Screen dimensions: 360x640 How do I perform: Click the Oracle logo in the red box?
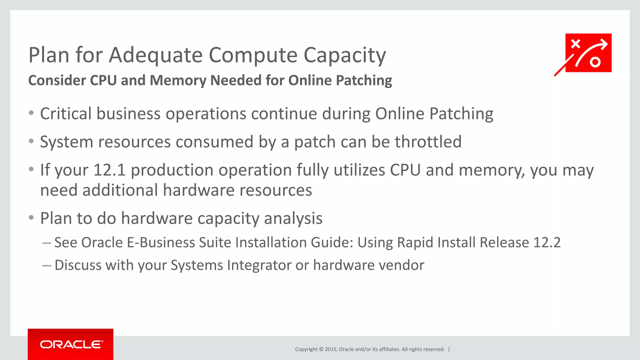pyautogui.click(x=71, y=344)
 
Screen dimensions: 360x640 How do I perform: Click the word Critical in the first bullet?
pyautogui.click(x=66, y=113)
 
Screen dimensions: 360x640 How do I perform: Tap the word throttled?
pyautogui.click(x=428, y=142)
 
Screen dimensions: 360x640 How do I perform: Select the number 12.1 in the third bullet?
pyautogui.click(x=109, y=170)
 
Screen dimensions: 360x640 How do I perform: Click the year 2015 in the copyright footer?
pyautogui.click(x=331, y=349)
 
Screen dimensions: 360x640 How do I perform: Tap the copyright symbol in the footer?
pyautogui.click(x=321, y=349)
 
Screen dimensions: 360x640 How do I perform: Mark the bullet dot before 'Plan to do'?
pyautogui.click(x=31, y=217)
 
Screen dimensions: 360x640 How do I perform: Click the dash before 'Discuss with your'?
pyautogui.click(x=47, y=265)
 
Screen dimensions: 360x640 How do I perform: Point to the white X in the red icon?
pyautogui.click(x=575, y=44)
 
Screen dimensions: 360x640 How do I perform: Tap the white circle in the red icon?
pyautogui.click(x=595, y=62)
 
